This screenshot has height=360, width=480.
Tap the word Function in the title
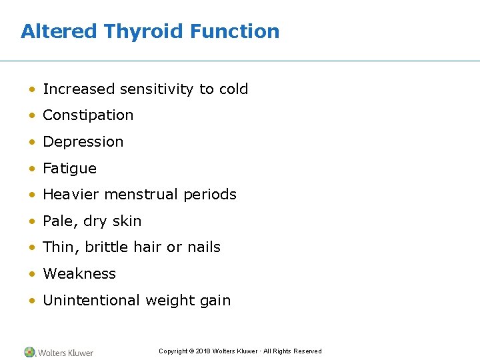point(235,31)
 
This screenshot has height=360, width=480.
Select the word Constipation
point(88,115)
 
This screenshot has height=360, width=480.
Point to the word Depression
point(83,142)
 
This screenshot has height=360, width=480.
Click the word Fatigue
point(69,169)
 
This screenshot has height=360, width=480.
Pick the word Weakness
point(79,274)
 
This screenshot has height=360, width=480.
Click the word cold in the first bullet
point(233,89)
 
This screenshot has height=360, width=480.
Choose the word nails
point(203,247)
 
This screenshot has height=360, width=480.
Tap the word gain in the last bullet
point(217,301)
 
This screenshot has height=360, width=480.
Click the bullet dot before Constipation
point(32,115)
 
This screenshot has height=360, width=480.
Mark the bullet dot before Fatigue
point(32,169)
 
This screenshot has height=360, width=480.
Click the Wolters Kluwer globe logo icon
point(29,352)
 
